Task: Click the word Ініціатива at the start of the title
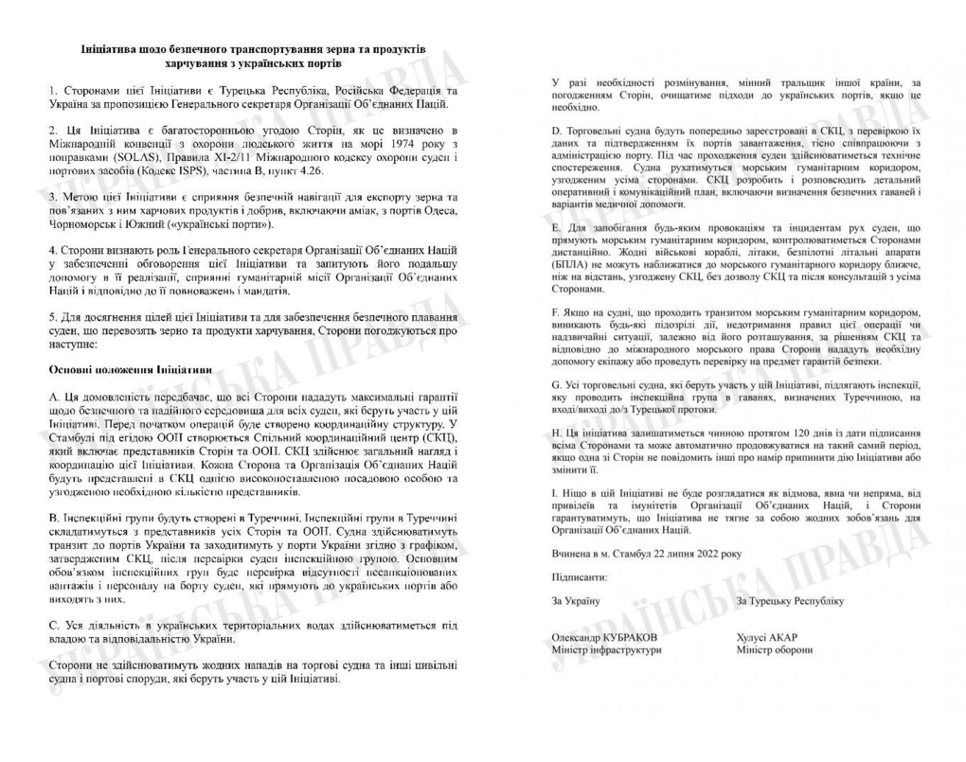112,47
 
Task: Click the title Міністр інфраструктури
606,650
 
